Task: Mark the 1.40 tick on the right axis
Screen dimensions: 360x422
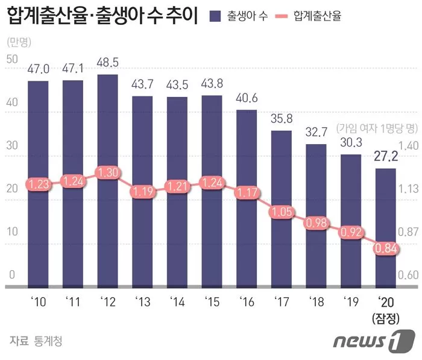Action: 408,145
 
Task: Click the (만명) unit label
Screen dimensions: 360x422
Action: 20,42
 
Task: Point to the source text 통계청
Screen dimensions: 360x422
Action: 48,341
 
